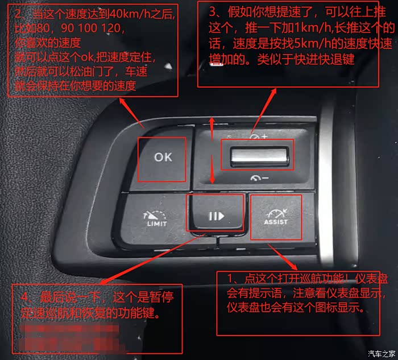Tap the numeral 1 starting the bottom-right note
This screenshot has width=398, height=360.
(230, 279)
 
